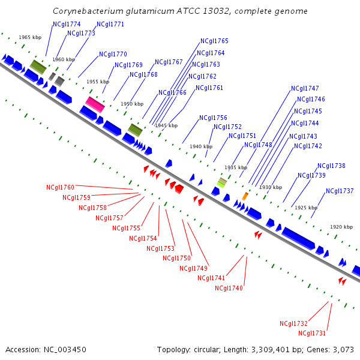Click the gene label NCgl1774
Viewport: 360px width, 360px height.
(67, 24)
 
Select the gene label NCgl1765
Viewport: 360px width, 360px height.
(214, 41)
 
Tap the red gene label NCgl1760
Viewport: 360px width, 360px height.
(61, 187)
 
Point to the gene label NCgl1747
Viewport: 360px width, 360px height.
(305, 88)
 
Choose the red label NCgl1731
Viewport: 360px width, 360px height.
(312, 333)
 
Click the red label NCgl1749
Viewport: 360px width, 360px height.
(194, 268)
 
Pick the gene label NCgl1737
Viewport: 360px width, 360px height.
(340, 191)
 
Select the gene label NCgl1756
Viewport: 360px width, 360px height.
(213, 118)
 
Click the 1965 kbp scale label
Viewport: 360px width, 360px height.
(30, 37)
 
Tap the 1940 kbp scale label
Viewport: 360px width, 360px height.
(201, 146)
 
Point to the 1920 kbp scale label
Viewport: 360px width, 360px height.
(341, 227)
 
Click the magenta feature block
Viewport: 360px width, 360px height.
(95, 104)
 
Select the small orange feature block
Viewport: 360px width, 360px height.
(245, 196)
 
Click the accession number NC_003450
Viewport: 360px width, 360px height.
(65, 350)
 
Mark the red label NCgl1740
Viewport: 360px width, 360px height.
(229, 288)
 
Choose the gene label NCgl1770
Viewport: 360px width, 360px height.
(113, 54)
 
